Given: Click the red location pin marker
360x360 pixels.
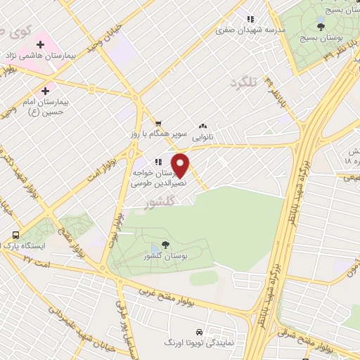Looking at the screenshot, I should coord(181,166).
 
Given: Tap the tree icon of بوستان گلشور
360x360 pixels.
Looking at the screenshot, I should coord(165,244).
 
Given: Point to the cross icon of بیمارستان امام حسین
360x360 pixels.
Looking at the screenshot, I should coord(46,90).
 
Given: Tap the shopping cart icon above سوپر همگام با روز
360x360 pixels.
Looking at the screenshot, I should coord(158,122).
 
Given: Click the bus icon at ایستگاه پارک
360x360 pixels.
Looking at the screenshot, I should coord(15,235).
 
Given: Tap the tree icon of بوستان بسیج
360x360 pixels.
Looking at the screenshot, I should coord(321,27).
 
